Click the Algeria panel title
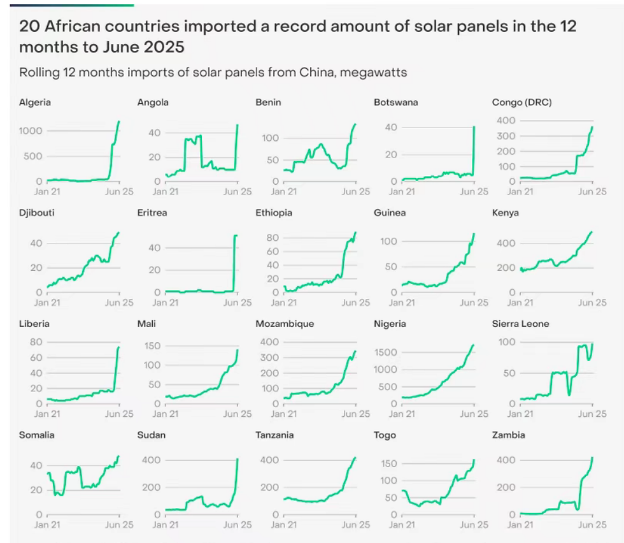(35, 102)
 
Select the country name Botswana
(396, 102)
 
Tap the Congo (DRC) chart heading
(521, 102)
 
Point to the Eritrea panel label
(152, 212)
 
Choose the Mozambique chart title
(285, 324)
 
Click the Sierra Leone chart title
(520, 324)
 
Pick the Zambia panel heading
(508, 435)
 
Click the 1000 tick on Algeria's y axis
(31, 131)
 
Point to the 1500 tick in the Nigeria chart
(386, 352)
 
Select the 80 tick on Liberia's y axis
(36, 342)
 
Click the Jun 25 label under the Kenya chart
(592, 303)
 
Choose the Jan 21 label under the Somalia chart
(47, 525)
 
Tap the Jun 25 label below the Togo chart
(474, 525)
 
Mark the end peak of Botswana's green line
(474, 127)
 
